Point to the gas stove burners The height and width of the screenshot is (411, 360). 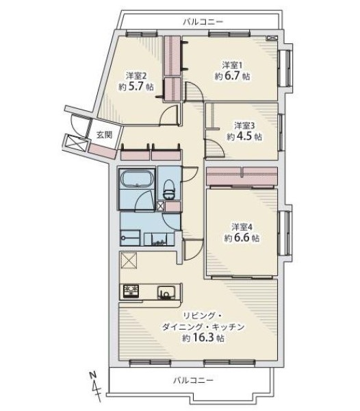point(131,291)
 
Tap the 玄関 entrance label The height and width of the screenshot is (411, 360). point(104,135)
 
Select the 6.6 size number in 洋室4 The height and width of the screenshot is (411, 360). point(242,238)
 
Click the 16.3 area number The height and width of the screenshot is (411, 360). point(203,338)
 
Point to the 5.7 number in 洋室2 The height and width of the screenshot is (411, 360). point(136,86)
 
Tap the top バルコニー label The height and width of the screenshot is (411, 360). point(203,22)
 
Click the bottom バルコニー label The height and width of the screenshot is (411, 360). point(194,379)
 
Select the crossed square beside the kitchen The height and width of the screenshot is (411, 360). point(128,260)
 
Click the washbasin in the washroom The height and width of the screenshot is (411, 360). point(159,239)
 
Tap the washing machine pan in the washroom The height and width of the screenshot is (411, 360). point(130,238)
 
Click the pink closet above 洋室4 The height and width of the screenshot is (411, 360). point(242,176)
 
